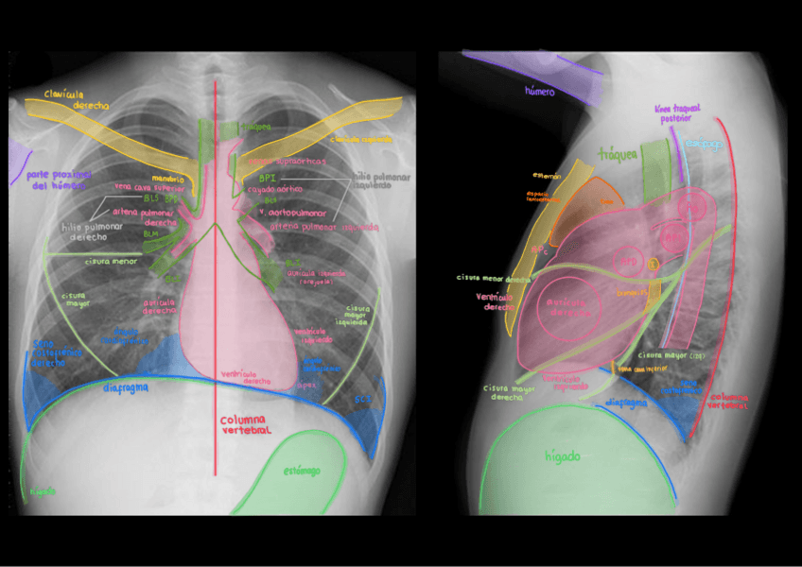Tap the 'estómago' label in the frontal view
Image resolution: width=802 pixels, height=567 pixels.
click(302, 470)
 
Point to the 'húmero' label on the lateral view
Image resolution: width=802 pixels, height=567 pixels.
click(538, 92)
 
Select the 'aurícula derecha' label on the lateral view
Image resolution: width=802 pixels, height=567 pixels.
click(569, 307)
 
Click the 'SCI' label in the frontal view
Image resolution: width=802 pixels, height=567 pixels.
click(363, 399)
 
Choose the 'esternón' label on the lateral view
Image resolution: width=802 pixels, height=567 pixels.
click(547, 176)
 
